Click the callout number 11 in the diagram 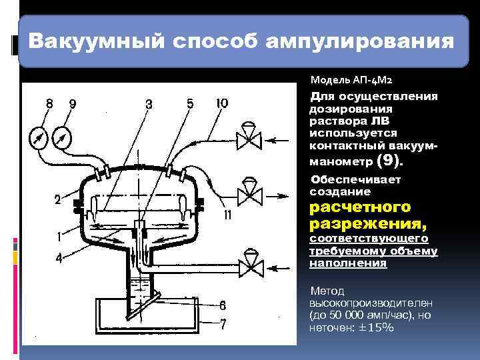tap(228, 215)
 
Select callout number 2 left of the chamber tap(58, 199)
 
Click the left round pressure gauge tap(39, 138)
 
